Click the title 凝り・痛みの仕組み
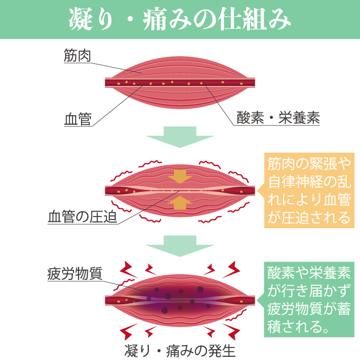pyautogui.click(x=180, y=19)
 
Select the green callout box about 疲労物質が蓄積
pyautogui.click(x=307, y=299)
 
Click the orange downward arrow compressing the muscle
pyautogui.click(x=180, y=177)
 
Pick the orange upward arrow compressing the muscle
pyautogui.click(x=180, y=203)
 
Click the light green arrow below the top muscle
pyautogui.click(x=180, y=137)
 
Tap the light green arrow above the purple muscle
pyautogui.click(x=180, y=246)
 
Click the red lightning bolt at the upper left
pyautogui.click(x=129, y=269)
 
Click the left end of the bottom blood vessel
pyautogui.click(x=108, y=300)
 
